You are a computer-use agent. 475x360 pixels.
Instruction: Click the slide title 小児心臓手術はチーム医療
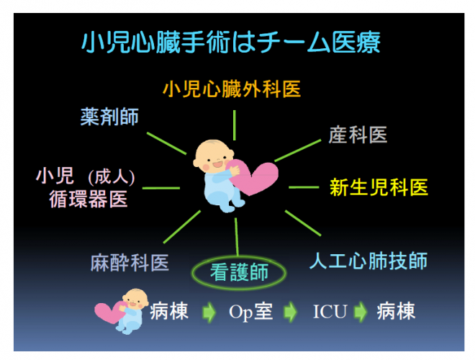click(231, 42)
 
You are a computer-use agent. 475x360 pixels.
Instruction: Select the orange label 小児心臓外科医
click(232, 89)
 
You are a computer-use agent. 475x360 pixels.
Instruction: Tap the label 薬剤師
click(109, 117)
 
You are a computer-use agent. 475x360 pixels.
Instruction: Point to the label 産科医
click(358, 135)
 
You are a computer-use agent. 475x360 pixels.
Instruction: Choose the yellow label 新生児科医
click(379, 187)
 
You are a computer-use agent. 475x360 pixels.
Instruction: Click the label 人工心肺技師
click(368, 261)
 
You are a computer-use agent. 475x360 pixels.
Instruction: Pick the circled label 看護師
click(239, 272)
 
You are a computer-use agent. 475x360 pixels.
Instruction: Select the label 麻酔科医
click(130, 262)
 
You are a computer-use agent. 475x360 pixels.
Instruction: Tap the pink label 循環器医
click(88, 199)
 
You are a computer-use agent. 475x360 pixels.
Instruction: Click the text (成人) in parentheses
click(112, 177)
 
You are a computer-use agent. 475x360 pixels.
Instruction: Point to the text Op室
click(250, 311)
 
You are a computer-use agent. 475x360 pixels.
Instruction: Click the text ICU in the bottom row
click(330, 311)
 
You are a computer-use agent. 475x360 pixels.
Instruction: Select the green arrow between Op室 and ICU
click(290, 312)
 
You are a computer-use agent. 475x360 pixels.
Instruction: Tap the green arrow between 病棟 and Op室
click(209, 312)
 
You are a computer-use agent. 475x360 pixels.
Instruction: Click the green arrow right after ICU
click(361, 312)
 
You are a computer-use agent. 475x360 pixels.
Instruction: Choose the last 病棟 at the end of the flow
click(396, 311)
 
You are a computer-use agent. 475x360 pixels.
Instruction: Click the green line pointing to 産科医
click(297, 150)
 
